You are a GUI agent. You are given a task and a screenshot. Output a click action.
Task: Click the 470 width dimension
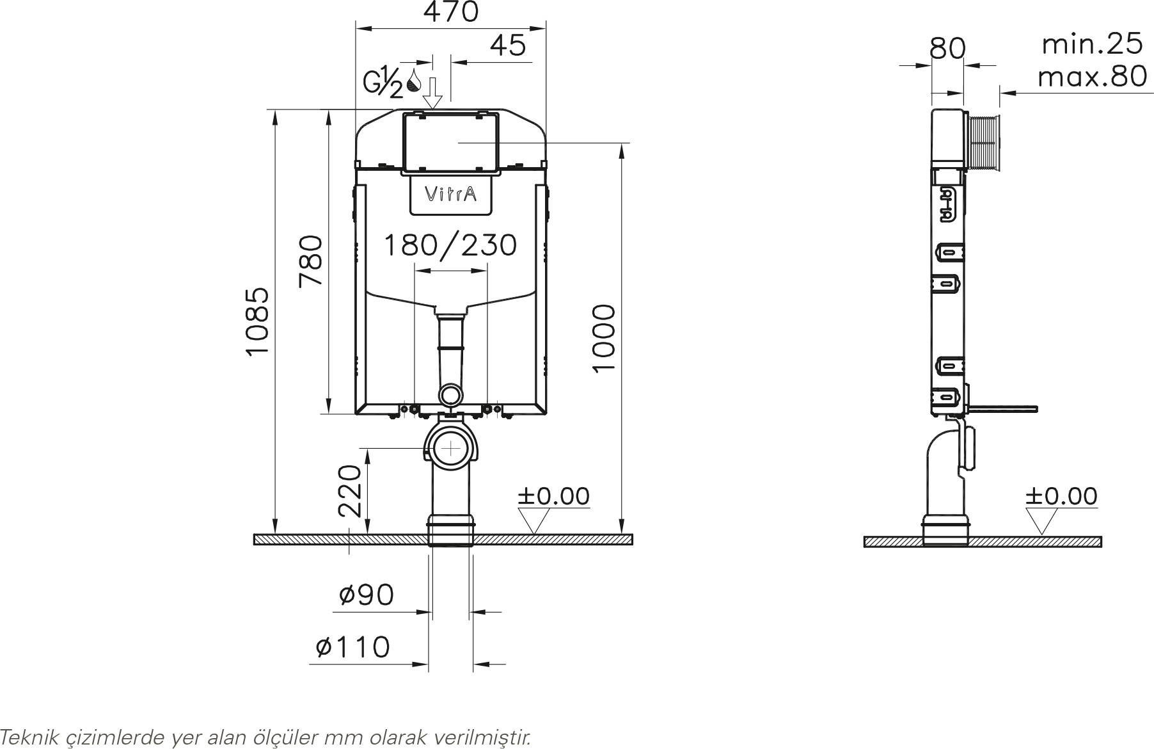click(452, 12)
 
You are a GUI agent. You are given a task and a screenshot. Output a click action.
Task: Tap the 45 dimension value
click(508, 45)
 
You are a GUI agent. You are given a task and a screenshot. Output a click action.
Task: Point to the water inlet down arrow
click(433, 93)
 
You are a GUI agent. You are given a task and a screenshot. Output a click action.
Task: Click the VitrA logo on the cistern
click(450, 194)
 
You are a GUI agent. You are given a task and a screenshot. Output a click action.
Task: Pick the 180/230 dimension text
click(450, 245)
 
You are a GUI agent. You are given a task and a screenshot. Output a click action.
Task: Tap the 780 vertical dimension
click(311, 261)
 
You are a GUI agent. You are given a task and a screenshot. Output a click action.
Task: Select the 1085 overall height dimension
click(258, 321)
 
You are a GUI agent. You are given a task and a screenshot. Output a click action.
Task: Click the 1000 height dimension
click(604, 339)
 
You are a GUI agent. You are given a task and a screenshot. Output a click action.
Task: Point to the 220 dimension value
click(350, 491)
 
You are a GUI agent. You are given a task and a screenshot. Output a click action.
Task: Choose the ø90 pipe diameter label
click(366, 595)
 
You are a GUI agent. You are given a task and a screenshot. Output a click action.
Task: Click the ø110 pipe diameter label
click(352, 647)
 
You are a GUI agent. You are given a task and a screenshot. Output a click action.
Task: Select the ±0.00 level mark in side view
click(1062, 495)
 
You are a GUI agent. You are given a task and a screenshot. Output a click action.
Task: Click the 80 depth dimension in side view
click(947, 48)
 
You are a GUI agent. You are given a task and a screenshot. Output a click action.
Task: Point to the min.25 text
click(1092, 44)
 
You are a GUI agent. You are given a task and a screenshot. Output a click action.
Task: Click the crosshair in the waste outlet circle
click(452, 448)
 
